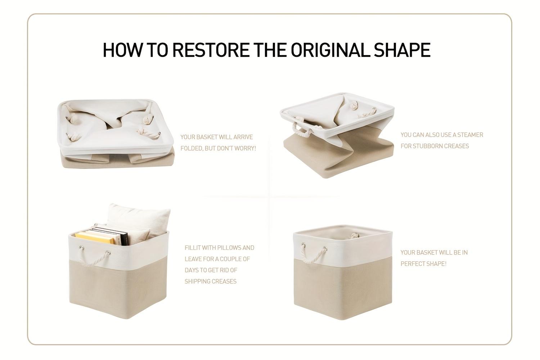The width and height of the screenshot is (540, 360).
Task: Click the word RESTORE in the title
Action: (211, 50)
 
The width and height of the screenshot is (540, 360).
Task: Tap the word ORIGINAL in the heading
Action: (330, 50)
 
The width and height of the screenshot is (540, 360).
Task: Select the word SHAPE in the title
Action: (402, 50)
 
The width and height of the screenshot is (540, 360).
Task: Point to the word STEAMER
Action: (470, 135)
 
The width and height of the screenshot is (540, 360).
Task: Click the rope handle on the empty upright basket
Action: (314, 256)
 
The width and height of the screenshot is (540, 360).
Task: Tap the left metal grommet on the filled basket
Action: (82, 248)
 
